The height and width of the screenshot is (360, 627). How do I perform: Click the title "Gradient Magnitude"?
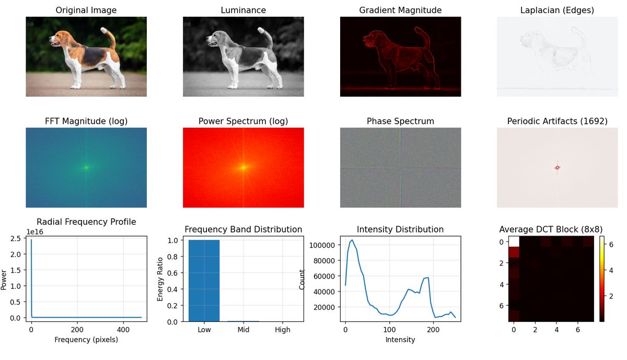coord(400,10)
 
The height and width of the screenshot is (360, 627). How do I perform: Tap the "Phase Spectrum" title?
coord(400,121)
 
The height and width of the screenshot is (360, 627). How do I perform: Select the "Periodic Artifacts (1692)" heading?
coord(557,121)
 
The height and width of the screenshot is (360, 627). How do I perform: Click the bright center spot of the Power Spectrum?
coord(243,168)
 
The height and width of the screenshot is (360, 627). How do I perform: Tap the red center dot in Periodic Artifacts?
coord(558,168)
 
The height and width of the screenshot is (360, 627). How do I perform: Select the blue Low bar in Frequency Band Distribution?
coord(204,281)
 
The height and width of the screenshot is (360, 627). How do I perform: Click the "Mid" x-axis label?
coord(243,330)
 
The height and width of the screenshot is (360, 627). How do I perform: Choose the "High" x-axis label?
coord(282,330)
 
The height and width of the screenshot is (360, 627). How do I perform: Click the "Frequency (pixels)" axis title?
coord(86,340)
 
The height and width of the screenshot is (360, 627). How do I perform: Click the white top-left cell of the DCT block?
coord(514,241)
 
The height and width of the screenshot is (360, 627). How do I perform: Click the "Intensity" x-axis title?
coord(400,340)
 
